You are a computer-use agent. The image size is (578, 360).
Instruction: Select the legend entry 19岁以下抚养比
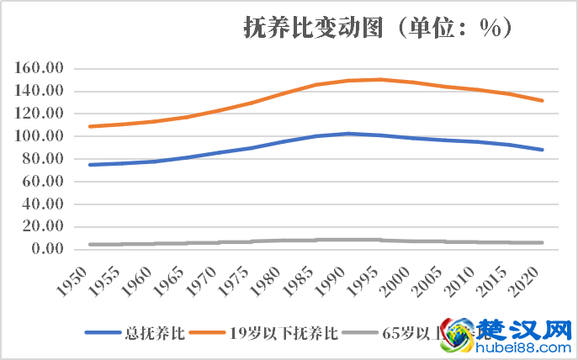tap(284, 333)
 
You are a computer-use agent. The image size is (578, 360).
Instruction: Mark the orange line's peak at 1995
tap(380, 80)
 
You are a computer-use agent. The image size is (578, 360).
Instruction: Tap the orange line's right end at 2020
tap(543, 101)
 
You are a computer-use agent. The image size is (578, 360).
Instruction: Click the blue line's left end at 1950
tap(89, 165)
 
